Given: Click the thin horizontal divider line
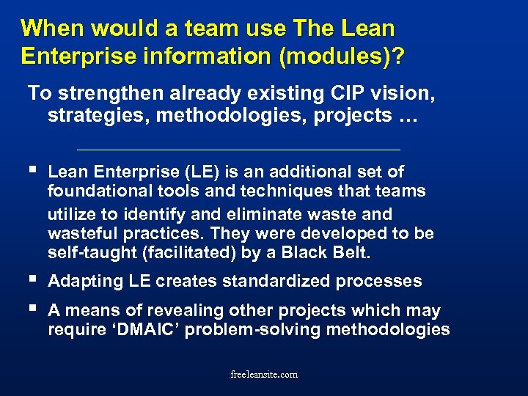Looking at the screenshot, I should pyautogui.click(x=238, y=150).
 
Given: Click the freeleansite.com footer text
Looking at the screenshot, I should pyautogui.click(x=264, y=373).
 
